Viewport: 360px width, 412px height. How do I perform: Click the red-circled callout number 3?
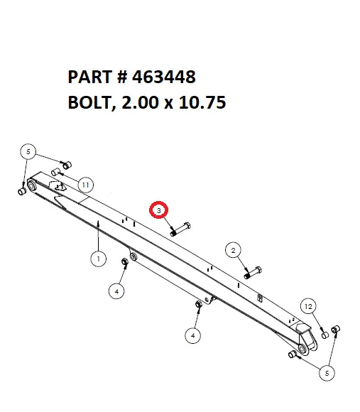(159, 210)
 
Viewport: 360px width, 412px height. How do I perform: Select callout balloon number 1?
(99, 259)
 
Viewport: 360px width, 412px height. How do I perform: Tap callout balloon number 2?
(232, 249)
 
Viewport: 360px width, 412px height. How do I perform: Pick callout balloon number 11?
(84, 185)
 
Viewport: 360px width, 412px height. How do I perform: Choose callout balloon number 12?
(307, 305)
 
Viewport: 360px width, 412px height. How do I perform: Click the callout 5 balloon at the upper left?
(28, 151)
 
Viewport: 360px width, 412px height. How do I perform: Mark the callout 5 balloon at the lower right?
(327, 370)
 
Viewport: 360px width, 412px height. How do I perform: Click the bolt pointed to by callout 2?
(253, 272)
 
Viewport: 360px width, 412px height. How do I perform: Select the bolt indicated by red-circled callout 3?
(178, 228)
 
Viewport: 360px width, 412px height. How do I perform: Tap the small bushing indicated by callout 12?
(324, 334)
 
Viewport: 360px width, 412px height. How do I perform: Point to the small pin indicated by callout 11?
(56, 172)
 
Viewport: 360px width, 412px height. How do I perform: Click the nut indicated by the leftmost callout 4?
(125, 263)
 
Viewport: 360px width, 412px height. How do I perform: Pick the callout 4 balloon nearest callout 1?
(116, 290)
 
